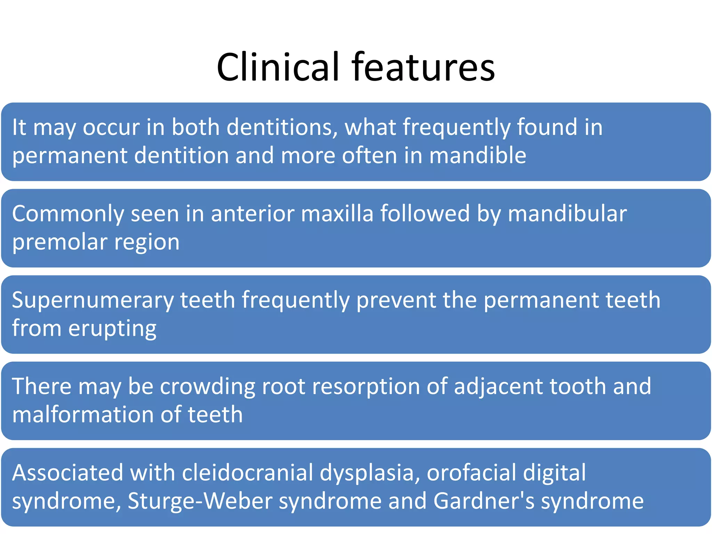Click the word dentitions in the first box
(x=282, y=127)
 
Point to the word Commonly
(x=68, y=214)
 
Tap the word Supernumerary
(x=92, y=300)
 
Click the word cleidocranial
(x=247, y=473)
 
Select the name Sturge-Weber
(x=200, y=501)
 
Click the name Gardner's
(x=484, y=501)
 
